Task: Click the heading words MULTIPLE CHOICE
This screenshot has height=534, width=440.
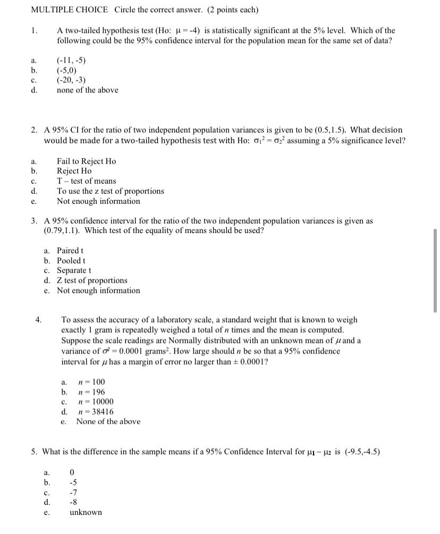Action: point(70,10)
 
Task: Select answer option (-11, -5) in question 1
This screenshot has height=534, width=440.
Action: point(71,60)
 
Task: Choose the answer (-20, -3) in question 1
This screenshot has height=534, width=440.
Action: point(71,80)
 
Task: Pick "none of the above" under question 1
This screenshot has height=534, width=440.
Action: point(88,90)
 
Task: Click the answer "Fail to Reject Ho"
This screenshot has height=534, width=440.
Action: point(86,161)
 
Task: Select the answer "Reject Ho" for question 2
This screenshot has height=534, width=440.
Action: point(74,171)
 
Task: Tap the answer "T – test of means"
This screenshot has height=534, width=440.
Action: point(86,181)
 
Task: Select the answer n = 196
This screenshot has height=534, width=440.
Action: point(91,392)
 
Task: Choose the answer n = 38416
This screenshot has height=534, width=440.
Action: point(95,412)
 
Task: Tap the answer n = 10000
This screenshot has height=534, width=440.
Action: point(95,402)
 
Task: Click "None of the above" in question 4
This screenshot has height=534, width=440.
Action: point(108,422)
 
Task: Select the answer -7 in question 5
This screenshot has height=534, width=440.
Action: point(73,493)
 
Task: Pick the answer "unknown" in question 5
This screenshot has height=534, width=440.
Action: point(86,513)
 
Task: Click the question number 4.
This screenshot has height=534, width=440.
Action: point(38,320)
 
